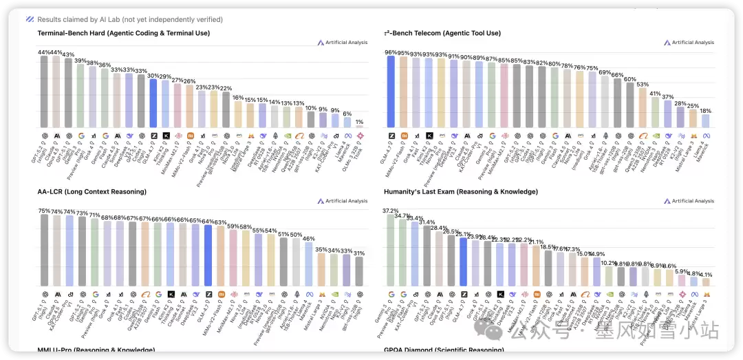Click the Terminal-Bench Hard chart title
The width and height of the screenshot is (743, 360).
124,33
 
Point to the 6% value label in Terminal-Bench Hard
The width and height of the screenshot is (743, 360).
347,114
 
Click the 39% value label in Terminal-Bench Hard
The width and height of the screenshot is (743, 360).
80,61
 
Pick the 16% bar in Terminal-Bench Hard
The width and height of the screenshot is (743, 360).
238,113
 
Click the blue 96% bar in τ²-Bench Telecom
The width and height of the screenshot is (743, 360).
391,91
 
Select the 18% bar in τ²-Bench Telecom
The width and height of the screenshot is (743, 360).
706,120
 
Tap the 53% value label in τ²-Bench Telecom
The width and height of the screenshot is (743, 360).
643,84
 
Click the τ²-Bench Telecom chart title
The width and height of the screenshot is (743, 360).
442,33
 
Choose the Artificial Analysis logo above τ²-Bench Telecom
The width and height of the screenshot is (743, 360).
688,43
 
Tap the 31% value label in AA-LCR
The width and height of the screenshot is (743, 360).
358,253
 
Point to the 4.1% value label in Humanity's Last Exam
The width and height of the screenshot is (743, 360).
706,275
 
